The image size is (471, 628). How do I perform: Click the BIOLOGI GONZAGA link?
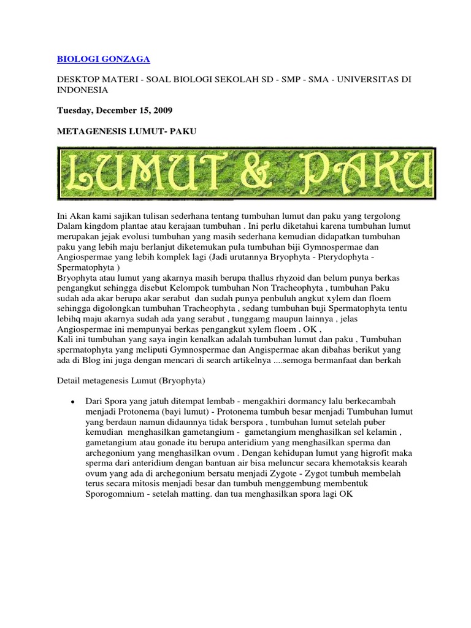(103, 59)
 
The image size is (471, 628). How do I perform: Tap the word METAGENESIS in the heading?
(88, 132)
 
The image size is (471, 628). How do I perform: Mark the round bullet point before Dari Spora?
(73, 402)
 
